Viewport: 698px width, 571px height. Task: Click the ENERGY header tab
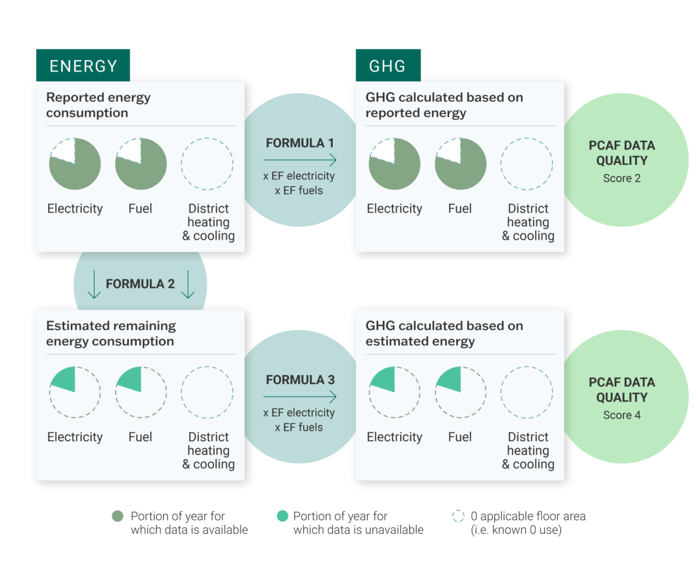(x=83, y=65)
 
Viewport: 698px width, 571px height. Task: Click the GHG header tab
(x=388, y=65)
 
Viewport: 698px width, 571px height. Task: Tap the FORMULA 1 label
(x=300, y=143)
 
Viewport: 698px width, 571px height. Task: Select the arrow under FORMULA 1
(x=300, y=160)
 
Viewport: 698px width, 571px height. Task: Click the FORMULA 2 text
(x=140, y=284)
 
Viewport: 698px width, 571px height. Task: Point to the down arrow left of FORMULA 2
(x=94, y=284)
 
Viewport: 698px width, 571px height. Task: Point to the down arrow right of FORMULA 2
(x=188, y=284)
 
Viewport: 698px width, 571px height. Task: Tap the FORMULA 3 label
(x=300, y=380)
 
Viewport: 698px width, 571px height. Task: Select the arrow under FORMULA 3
(x=300, y=396)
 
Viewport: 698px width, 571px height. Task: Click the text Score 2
(x=622, y=178)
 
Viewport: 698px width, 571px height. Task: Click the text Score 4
(x=622, y=415)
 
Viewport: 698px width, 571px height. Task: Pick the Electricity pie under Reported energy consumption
(x=75, y=164)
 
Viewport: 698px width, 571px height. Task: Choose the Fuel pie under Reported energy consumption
(x=141, y=164)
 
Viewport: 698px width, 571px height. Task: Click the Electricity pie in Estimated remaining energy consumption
(x=75, y=392)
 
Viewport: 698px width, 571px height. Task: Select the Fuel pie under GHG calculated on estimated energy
(x=460, y=392)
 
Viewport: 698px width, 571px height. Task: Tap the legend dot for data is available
(x=117, y=516)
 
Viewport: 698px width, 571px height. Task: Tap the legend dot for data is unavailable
(x=282, y=516)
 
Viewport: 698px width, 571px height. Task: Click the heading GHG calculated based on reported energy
(x=444, y=105)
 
